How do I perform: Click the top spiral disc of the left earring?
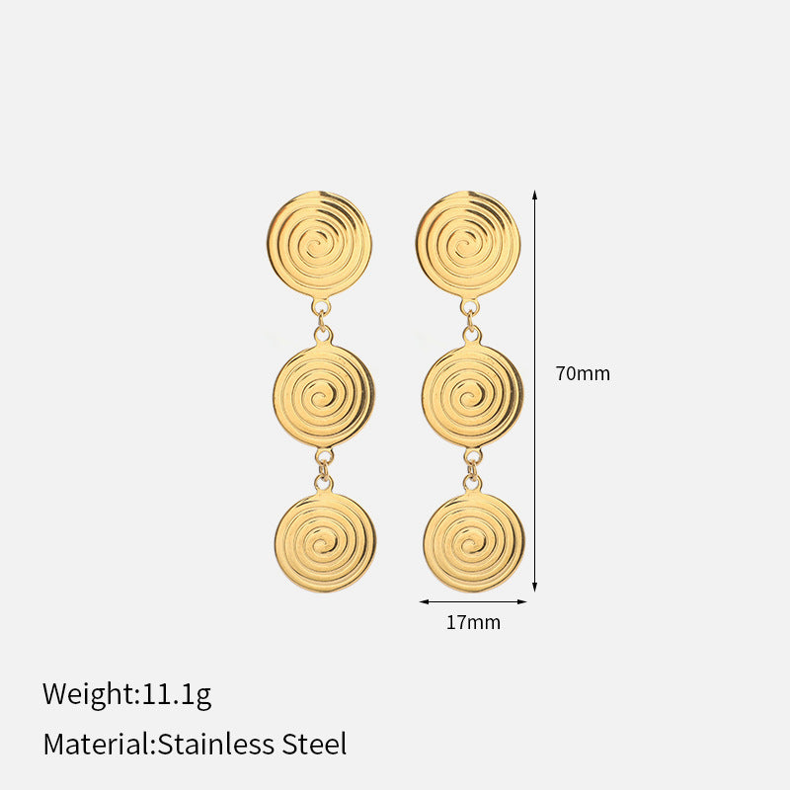coord(319,245)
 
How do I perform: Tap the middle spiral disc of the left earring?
coord(324,395)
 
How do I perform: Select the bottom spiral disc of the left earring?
coord(325,541)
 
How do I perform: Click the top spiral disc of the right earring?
coord(468,245)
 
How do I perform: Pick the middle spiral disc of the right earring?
coord(473,395)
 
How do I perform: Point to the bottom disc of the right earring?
coord(474,541)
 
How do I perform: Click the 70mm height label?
coord(583,373)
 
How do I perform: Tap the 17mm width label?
coord(473,622)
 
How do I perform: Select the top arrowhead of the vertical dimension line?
coord(534,195)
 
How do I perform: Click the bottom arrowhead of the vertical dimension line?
coord(534,587)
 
